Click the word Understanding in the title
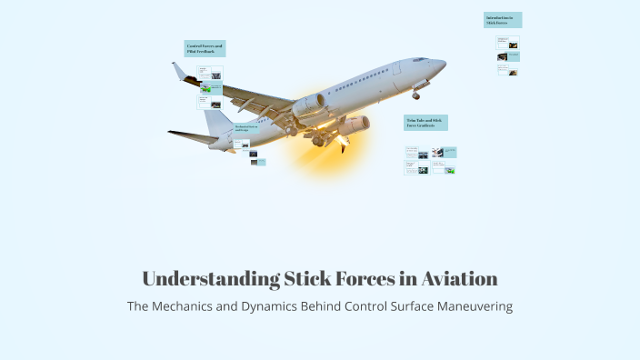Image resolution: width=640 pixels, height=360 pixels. (198, 278)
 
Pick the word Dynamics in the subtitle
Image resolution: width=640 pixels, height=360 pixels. (271, 306)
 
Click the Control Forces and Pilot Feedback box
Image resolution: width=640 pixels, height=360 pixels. (205, 48)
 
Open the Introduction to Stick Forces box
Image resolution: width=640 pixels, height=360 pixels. (503, 20)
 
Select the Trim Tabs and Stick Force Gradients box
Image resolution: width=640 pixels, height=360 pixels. (425, 123)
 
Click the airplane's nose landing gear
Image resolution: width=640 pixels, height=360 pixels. (415, 93)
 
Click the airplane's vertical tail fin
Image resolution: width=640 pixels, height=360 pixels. (216, 118)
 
